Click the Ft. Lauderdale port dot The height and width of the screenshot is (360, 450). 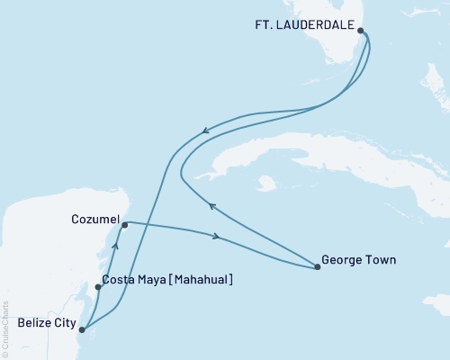(x=361, y=31)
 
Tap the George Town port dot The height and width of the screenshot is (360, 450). (x=318, y=267)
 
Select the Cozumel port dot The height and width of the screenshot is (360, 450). (x=125, y=225)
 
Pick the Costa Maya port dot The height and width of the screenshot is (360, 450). (x=98, y=288)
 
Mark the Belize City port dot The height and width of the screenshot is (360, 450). (x=82, y=330)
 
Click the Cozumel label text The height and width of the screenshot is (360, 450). (x=94, y=219)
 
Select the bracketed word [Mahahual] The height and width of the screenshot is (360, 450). (x=198, y=281)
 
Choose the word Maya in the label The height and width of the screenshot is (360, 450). (x=151, y=281)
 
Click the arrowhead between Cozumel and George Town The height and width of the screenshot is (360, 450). (x=217, y=238)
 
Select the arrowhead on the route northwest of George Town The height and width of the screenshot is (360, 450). (x=211, y=207)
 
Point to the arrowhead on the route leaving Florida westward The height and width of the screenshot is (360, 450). (x=204, y=131)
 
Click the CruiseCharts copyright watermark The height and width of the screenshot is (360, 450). (x=5, y=329)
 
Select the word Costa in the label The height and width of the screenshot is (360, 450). (x=119, y=281)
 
